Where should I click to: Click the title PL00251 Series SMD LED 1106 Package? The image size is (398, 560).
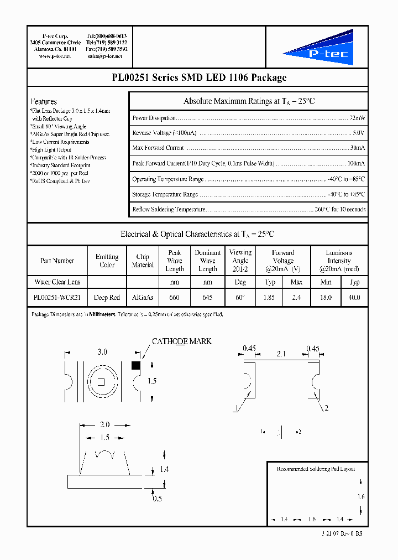198,78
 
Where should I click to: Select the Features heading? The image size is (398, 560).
44,102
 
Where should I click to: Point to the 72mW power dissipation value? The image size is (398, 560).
357,118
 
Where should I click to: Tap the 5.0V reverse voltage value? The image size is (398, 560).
358,133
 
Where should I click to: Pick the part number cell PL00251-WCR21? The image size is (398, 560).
57,297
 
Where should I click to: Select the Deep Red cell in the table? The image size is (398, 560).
107,297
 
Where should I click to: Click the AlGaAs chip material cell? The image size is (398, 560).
143,297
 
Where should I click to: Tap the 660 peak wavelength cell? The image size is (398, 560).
174,297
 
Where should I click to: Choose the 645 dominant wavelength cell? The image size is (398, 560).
207,297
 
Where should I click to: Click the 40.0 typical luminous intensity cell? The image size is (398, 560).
354,297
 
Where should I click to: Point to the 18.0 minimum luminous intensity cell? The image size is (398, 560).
326,297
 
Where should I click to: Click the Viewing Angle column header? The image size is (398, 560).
240,261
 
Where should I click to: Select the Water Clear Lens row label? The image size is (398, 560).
57,282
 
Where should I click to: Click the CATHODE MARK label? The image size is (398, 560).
182,341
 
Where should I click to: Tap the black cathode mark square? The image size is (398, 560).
135,365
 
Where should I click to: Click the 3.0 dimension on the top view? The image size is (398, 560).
102,352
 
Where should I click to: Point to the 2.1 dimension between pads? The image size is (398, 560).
281,352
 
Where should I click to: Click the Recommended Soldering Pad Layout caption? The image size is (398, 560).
316,469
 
